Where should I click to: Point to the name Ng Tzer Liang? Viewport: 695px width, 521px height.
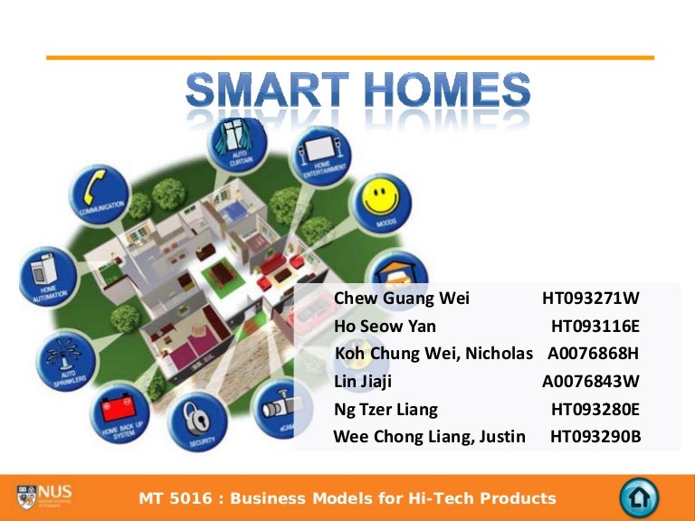[x=386, y=409]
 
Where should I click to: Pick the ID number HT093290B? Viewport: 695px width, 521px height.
[x=595, y=437]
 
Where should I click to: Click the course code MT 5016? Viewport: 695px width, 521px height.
[x=173, y=498]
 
